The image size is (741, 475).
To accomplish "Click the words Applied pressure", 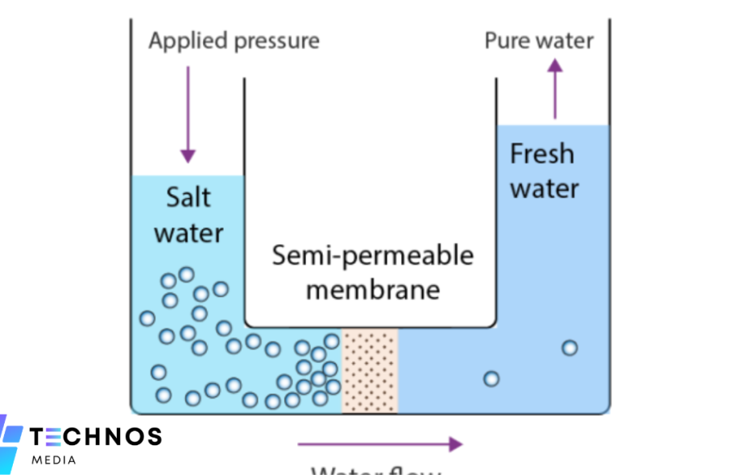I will coord(234,41).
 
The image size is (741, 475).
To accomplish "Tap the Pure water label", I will coord(538,40).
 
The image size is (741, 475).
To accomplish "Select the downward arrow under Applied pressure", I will coord(188,114).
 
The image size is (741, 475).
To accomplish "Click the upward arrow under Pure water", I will coord(555,89).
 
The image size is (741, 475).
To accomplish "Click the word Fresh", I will coord(542,154).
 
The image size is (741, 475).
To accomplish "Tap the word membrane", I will coord(372,289).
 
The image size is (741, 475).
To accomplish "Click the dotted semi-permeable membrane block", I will coord(370,370).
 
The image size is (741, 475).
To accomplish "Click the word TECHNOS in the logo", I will coord(96,437).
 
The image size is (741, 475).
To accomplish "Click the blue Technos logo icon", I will coord(11,442).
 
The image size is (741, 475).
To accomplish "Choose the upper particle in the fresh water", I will coord(569,348).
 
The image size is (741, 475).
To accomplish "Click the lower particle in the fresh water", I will coord(491,378).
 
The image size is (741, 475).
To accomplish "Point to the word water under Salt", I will coord(188,233).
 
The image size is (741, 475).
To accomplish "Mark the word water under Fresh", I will coord(544,189).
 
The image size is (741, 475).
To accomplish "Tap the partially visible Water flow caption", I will coord(376,470).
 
